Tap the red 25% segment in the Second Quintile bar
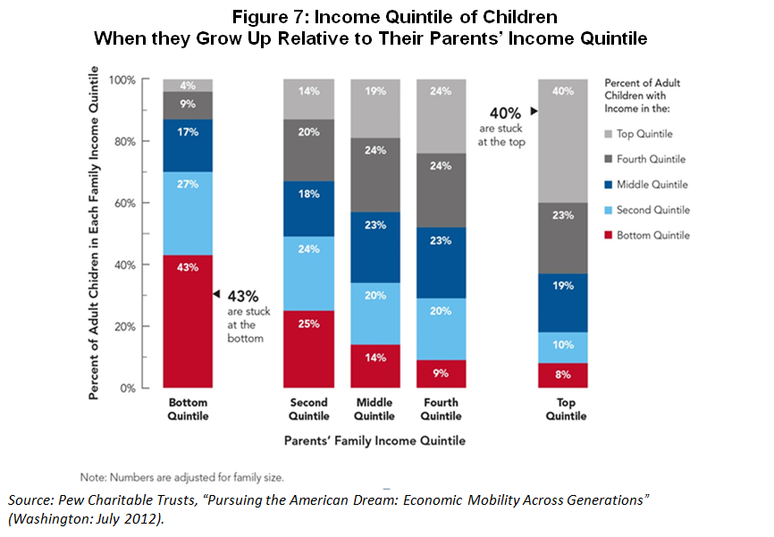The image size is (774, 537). [309, 349]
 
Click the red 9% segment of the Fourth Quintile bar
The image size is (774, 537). [440, 374]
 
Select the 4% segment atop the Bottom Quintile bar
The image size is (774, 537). [188, 85]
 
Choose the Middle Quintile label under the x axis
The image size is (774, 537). [374, 409]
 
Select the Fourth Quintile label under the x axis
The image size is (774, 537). [440, 409]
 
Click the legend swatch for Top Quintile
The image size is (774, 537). [613, 133]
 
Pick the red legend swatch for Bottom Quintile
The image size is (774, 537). [613, 235]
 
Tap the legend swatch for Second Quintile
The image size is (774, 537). [613, 210]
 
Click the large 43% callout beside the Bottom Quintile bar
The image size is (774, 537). [243, 295]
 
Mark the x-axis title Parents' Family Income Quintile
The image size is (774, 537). [374, 441]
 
